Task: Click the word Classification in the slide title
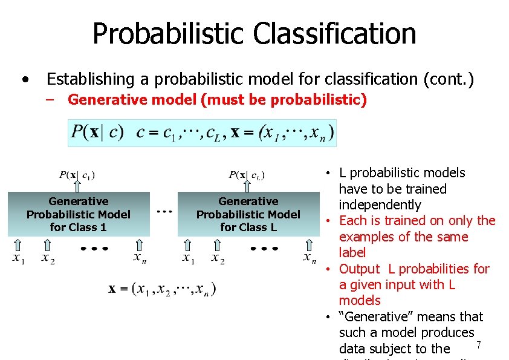(x=334, y=33)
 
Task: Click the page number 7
(x=478, y=345)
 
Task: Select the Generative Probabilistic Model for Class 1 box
(x=79, y=214)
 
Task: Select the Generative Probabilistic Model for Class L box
(x=248, y=214)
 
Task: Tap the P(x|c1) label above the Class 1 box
(x=77, y=175)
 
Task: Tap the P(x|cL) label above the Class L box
(x=247, y=175)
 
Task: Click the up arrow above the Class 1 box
(x=77, y=186)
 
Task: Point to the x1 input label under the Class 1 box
(x=18, y=258)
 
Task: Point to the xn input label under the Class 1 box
(x=140, y=258)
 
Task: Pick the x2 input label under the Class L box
(x=218, y=258)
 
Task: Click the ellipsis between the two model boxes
(x=164, y=212)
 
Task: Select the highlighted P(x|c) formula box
(x=201, y=133)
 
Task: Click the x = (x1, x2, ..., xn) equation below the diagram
(x=162, y=289)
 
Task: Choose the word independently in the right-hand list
(x=380, y=205)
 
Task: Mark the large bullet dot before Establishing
(x=24, y=79)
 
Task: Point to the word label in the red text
(x=352, y=252)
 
